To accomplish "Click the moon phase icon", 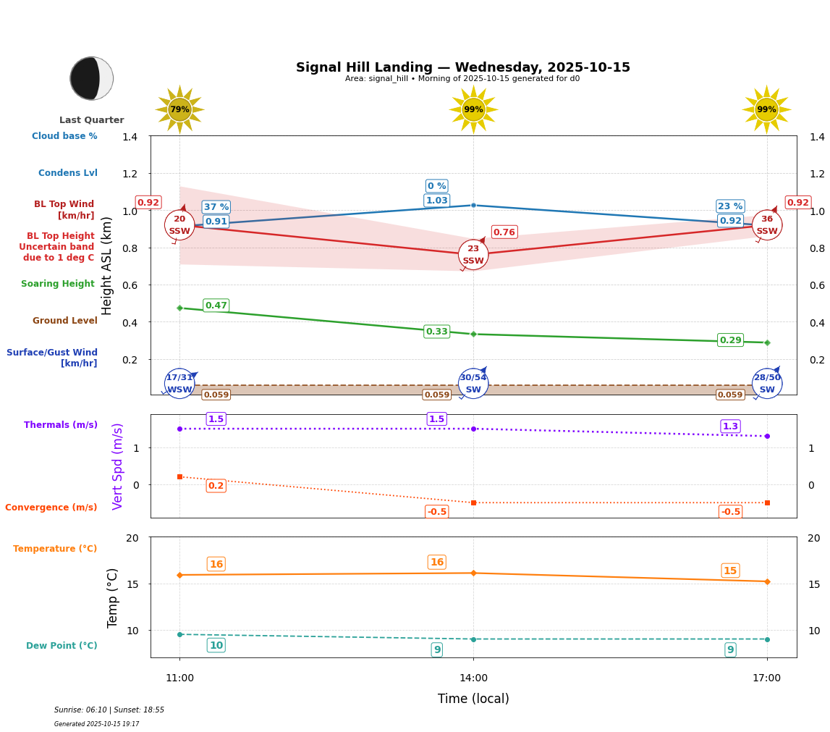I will pos(91,78).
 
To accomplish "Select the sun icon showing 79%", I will pos(179,109).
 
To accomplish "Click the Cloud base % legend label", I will pos(64,136).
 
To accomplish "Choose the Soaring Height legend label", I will pos(58,284).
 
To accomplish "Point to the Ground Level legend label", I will pos(65,321).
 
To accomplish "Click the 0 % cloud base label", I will pos(436,186).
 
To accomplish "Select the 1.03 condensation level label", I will pos(436,201).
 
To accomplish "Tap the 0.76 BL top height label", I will pos(504,232).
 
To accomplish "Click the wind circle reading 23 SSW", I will pos(473,255).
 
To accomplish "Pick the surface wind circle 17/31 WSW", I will pos(179,383).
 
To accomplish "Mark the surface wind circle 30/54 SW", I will pos(473,383).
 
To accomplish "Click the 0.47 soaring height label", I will pos(216,306).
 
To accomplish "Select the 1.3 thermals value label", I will pos(730,426).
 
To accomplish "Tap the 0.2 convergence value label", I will pos(216,486).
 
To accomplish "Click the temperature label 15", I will pos(730,571).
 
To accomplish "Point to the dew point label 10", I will pos(216,645).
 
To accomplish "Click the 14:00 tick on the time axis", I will pos(473,678).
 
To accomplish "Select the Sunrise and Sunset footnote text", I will pos(109,710).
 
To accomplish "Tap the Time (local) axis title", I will pos(473,699).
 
